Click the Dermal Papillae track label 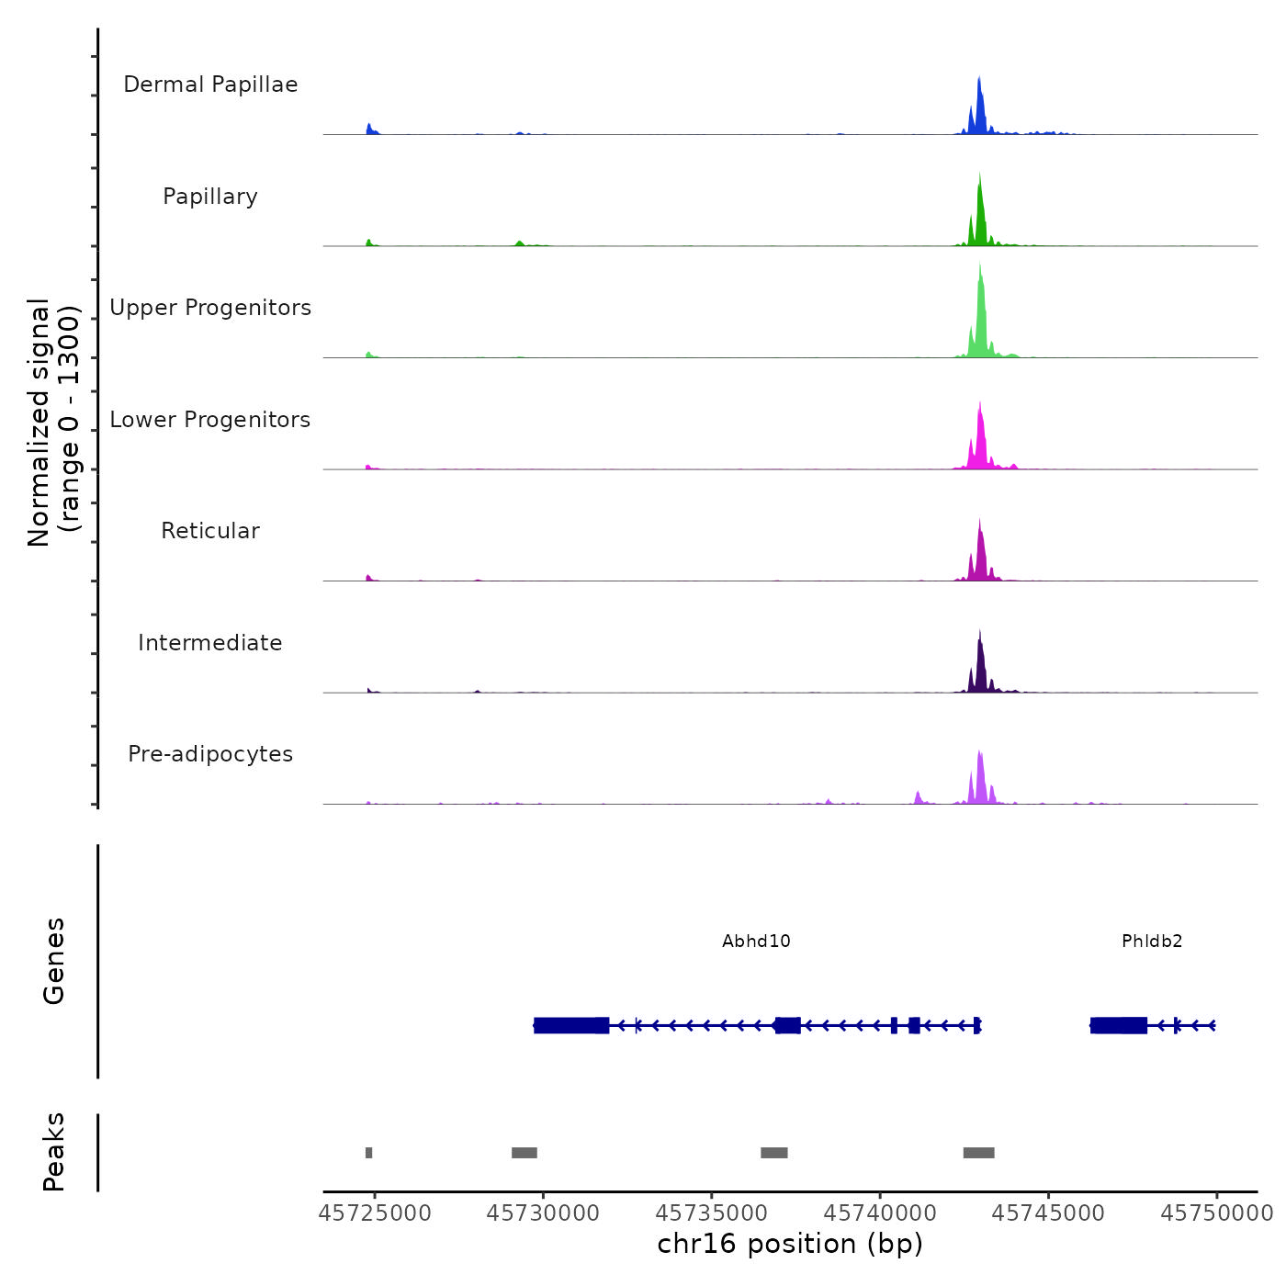210,85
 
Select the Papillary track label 210,197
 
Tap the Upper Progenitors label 210,308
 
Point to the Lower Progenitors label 210,420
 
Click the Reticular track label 210,531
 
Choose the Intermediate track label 210,643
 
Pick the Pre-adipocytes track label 210,754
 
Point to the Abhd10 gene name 756,942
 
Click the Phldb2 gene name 1152,942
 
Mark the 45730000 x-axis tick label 543,1213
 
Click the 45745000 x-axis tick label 1048,1213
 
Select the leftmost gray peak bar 369,1153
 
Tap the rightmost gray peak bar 978,1153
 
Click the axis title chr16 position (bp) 790,1244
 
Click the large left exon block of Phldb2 1119,1025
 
